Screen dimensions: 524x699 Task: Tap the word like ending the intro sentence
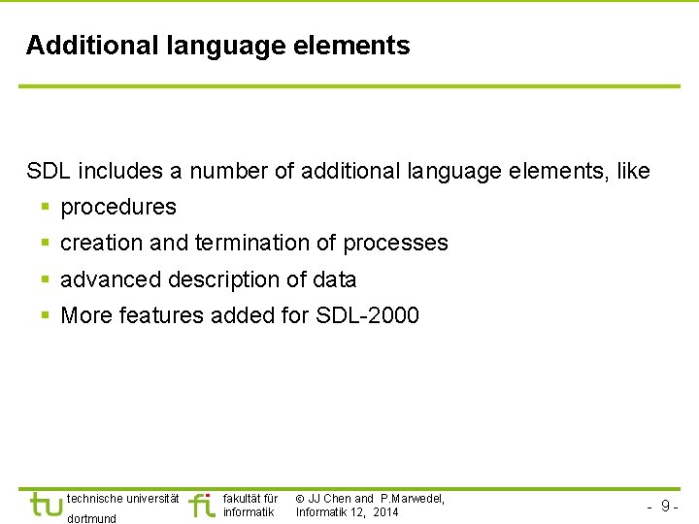point(633,172)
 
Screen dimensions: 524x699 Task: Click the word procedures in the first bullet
point(118,208)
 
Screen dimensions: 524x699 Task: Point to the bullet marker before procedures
point(46,208)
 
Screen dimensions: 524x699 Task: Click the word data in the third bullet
point(335,280)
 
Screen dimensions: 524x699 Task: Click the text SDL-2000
point(368,316)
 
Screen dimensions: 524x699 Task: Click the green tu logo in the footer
point(46,505)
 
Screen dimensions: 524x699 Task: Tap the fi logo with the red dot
point(201,505)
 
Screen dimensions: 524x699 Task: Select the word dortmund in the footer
point(91,518)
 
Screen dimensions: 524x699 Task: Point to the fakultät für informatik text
point(250,505)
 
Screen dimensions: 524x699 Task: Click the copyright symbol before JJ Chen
point(300,499)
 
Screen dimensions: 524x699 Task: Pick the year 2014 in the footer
point(384,512)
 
